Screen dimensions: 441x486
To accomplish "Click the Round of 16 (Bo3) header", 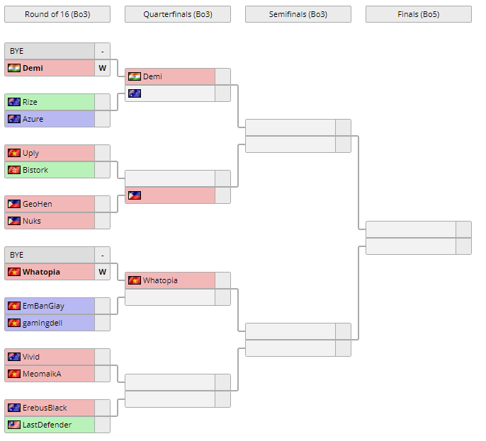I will click(57, 14).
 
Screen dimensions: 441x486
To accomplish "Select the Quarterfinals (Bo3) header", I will click(177, 14).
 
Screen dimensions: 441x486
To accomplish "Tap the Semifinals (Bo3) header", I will click(298, 14).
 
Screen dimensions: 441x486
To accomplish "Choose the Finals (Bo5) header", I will click(418, 14).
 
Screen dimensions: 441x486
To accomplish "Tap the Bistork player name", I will click(35, 170).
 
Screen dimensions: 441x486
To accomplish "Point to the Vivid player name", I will click(31, 357).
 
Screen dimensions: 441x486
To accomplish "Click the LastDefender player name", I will click(47, 425).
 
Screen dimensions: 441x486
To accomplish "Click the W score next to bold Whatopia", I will click(102, 272).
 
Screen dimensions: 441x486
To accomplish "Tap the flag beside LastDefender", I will click(13, 425).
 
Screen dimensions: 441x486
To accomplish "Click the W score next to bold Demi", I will click(102, 68).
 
